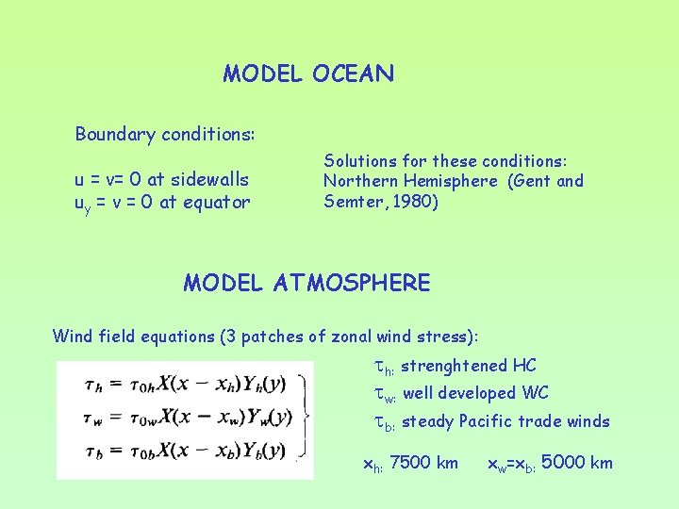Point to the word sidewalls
click(210, 179)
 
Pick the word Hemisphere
click(453, 181)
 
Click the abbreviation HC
click(524, 366)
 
